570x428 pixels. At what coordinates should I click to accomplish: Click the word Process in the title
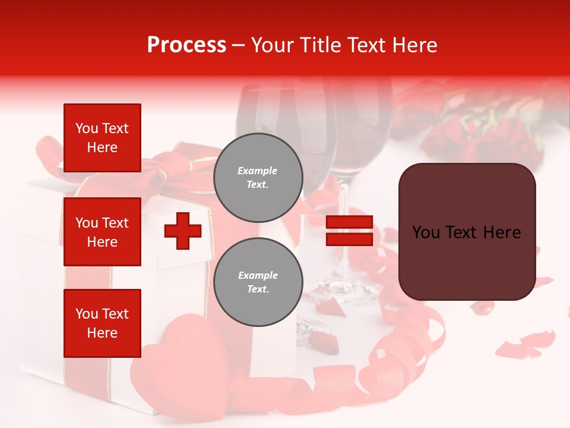click(x=186, y=45)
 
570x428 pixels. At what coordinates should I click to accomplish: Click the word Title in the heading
click(x=318, y=45)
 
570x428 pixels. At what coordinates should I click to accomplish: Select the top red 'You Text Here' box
click(x=102, y=138)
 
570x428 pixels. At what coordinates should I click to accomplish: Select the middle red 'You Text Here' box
click(x=102, y=232)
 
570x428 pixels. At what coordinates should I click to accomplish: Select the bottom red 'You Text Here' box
click(x=102, y=323)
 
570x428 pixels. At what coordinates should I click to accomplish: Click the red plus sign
click(x=183, y=231)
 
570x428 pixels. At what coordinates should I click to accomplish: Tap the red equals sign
click(x=349, y=231)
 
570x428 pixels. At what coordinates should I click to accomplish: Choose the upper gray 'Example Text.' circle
click(x=258, y=178)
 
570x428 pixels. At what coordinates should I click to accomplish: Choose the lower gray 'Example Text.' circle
click(x=258, y=282)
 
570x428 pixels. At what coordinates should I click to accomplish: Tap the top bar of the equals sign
click(x=349, y=222)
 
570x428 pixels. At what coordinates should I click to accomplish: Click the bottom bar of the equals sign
click(x=349, y=239)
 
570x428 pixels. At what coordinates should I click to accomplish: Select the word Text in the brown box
click(x=465, y=232)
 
